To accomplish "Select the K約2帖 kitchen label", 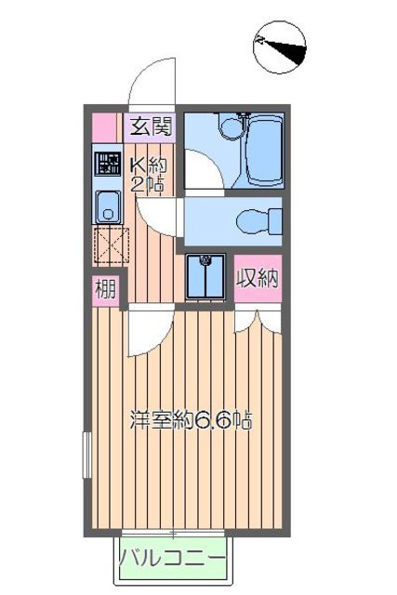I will click(148, 172).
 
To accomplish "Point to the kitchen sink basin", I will click(107, 206).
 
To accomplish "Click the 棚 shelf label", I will click(106, 291).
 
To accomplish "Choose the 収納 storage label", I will click(258, 278).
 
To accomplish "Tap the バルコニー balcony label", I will click(172, 561).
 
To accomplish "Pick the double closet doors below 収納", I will click(256, 321).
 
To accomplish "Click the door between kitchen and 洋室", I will click(149, 325).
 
